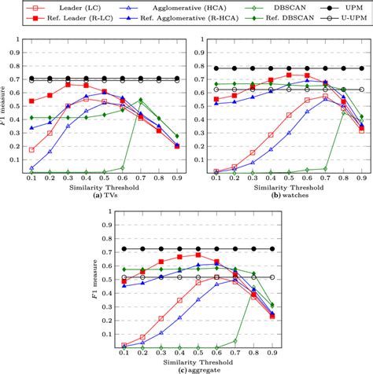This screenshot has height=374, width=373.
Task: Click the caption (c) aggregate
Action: (x=186, y=368)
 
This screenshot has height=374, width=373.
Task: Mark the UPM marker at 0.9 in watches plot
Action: (x=361, y=68)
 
